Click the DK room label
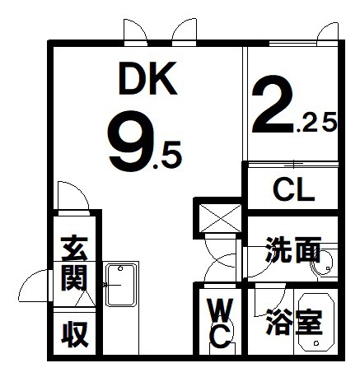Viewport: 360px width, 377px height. coord(148,78)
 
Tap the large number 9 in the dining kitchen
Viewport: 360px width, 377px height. coord(128,141)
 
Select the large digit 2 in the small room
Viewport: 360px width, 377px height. coord(273,104)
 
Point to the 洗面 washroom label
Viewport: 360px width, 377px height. coord(292,249)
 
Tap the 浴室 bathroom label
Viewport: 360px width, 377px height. coord(294,322)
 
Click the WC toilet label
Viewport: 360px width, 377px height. coord(221,323)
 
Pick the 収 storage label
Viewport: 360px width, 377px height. coord(74,334)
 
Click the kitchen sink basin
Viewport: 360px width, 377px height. coord(121,285)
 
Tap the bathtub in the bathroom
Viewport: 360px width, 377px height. coord(316,322)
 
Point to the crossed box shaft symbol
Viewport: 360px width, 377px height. coord(219,218)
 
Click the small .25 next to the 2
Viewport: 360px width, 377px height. coord(316,123)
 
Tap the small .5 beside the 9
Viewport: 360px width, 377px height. coord(167,155)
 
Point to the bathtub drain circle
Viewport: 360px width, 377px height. coord(317,342)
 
